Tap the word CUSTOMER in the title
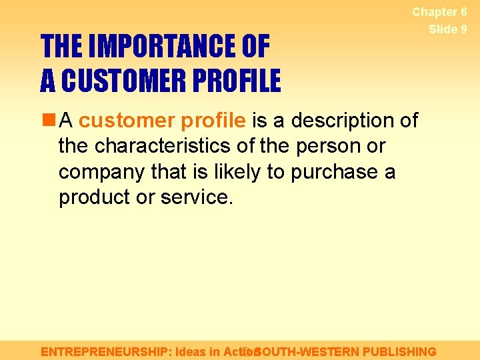(126, 81)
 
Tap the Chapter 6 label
(439, 12)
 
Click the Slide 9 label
(447, 29)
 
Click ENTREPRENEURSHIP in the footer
(104, 351)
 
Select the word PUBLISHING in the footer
(399, 351)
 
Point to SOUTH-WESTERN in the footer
(308, 351)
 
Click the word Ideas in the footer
(193, 351)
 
